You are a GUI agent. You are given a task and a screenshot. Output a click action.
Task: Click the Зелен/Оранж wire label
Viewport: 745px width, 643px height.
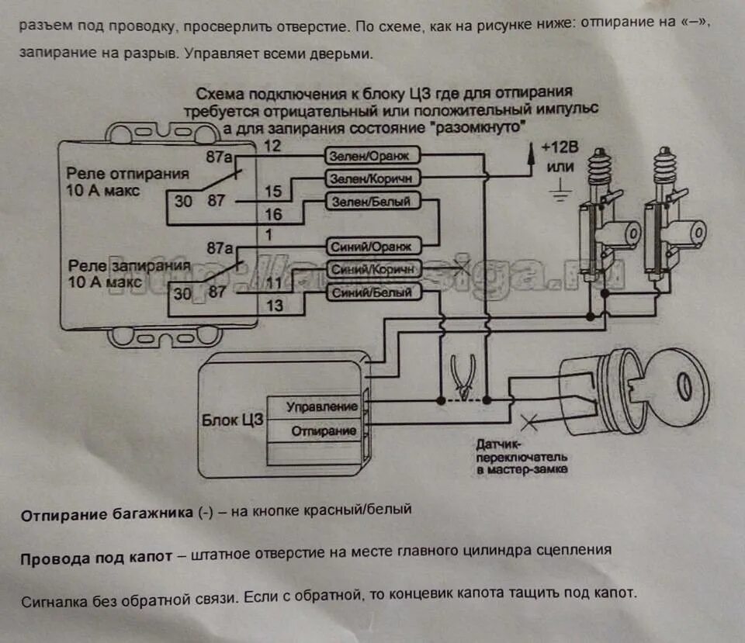[372, 156]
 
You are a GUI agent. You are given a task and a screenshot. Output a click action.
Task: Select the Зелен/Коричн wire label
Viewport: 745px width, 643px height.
[372, 178]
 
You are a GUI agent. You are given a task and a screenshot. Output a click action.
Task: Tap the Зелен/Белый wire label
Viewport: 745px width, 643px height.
[371, 202]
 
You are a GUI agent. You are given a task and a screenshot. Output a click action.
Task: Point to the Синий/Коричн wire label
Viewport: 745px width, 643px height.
[376, 269]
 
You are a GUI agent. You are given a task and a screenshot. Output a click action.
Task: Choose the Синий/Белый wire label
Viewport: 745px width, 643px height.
[374, 292]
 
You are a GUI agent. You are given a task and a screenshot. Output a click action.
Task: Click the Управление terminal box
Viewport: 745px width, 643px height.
[321, 406]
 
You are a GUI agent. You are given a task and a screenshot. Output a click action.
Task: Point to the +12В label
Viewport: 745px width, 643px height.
[558, 147]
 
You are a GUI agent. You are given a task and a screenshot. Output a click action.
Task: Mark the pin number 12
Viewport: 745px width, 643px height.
[272, 146]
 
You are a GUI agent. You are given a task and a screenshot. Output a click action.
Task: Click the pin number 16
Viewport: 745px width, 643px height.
[273, 215]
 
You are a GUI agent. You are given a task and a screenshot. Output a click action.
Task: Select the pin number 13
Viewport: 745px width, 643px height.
[274, 305]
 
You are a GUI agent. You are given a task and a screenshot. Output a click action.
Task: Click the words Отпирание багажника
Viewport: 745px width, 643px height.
[107, 514]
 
